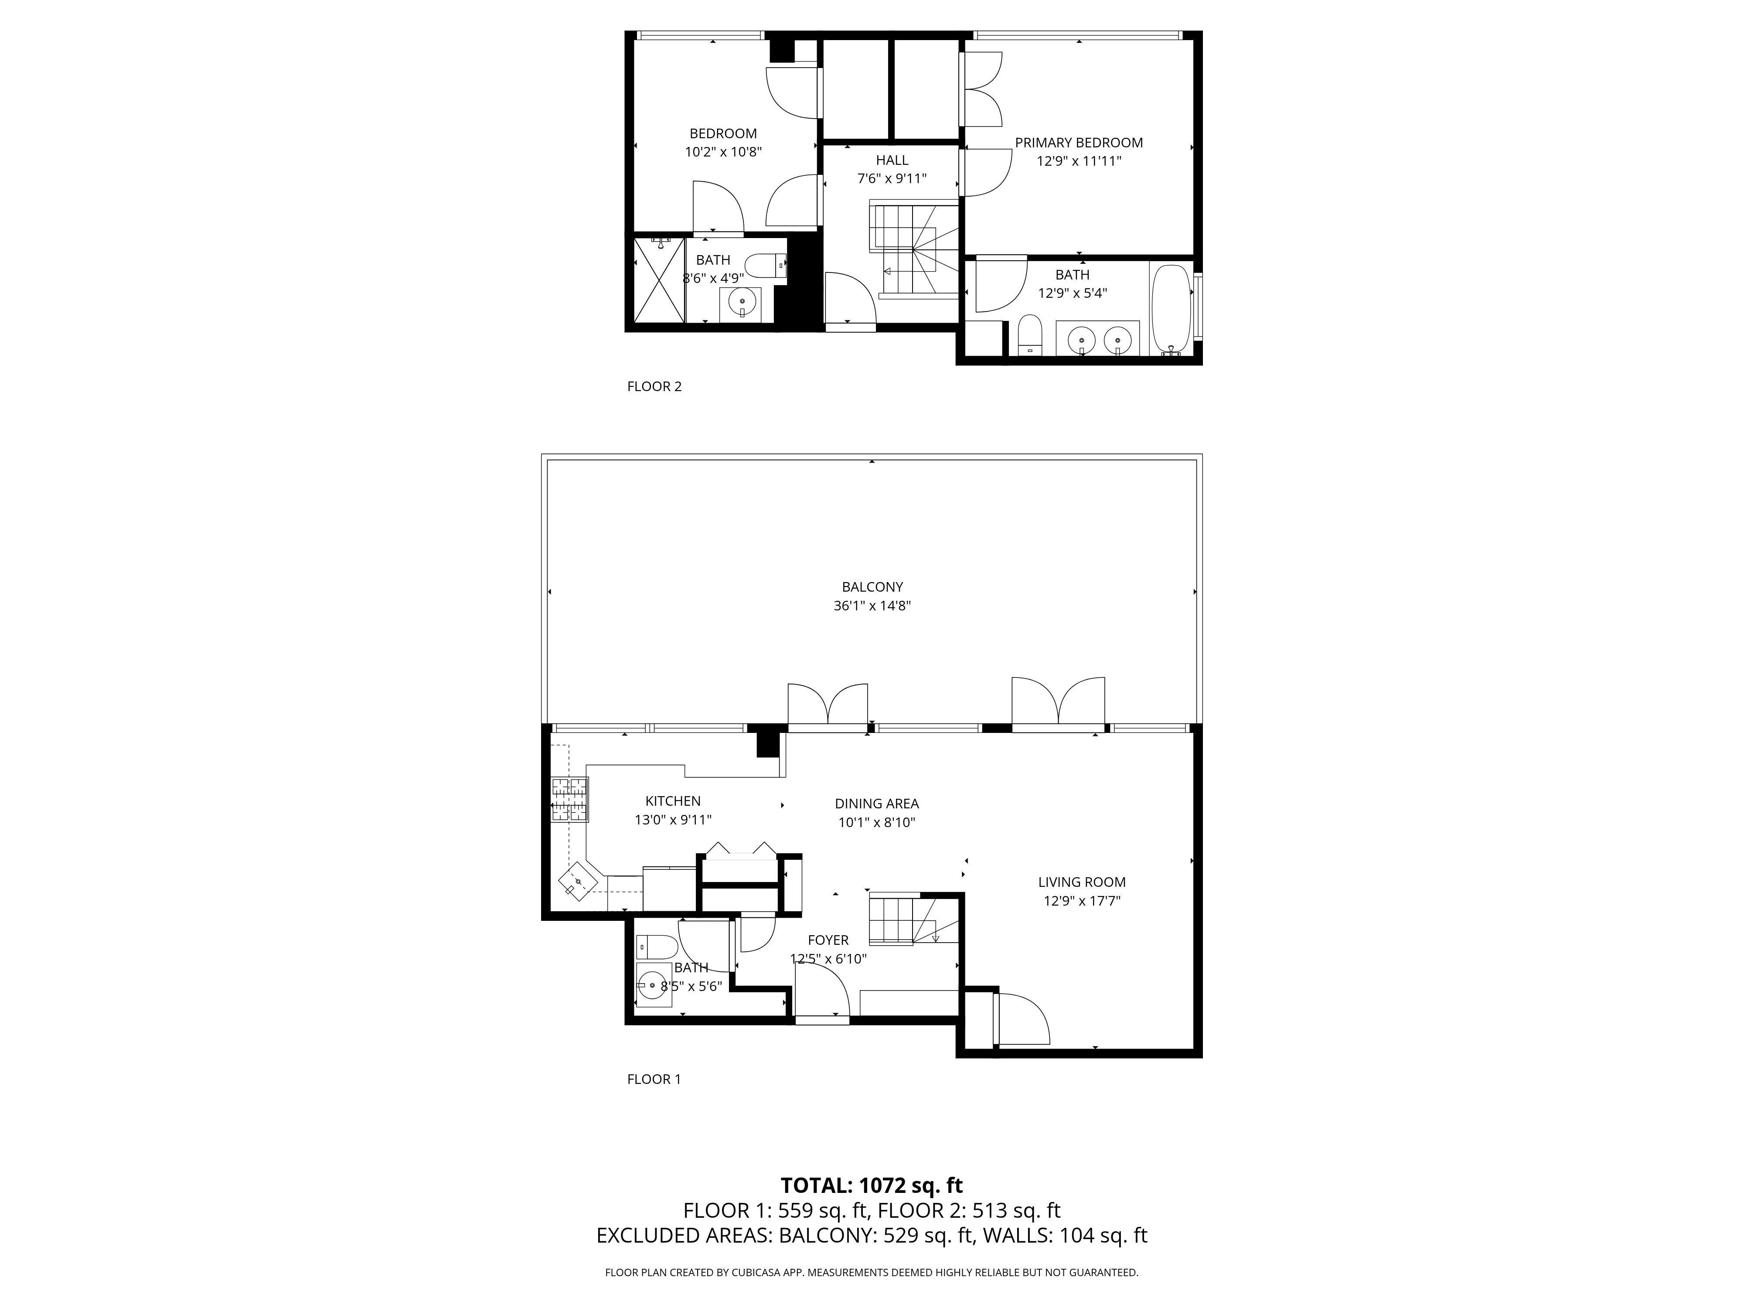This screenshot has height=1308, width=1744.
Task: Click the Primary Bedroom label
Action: (1079, 143)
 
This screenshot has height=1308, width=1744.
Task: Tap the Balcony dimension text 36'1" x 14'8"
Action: (872, 606)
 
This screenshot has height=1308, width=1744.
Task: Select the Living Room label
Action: (1082, 882)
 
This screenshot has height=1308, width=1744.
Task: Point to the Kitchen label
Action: (672, 801)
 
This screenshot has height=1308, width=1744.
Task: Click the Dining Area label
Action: (877, 804)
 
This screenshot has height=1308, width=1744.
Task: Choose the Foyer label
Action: (828, 940)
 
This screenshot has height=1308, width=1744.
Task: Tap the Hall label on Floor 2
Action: (892, 160)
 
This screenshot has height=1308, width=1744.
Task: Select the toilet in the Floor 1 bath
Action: (657, 946)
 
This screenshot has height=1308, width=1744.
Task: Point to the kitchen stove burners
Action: (569, 800)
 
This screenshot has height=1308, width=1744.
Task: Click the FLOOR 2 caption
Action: (654, 386)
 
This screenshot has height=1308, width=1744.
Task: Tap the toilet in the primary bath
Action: (1030, 335)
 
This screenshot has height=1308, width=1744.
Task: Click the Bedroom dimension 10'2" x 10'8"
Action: (723, 152)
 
